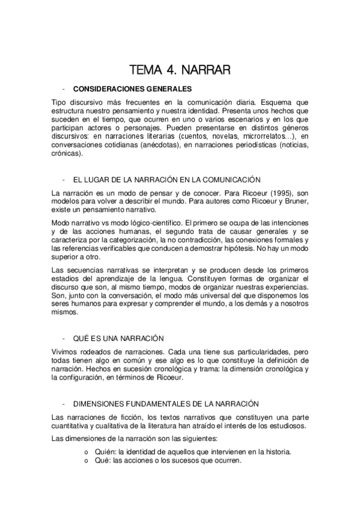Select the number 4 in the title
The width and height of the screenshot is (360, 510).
[172, 71]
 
